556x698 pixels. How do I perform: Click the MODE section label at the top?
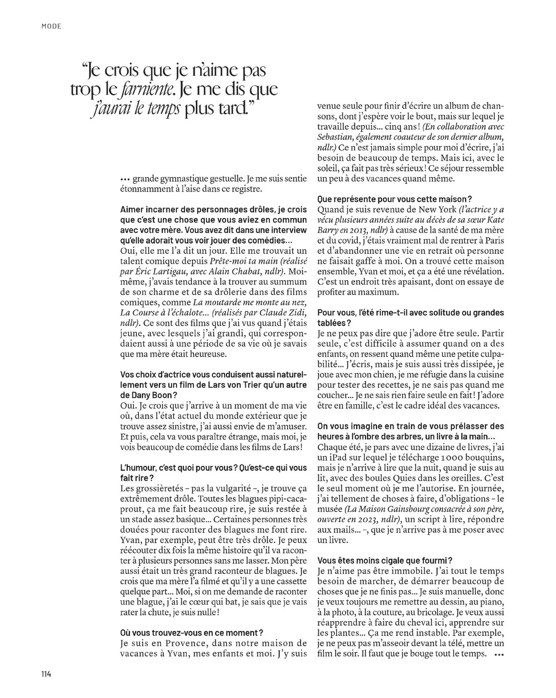click(51, 26)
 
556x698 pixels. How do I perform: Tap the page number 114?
click(45, 674)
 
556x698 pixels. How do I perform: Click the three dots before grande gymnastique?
click(125, 179)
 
